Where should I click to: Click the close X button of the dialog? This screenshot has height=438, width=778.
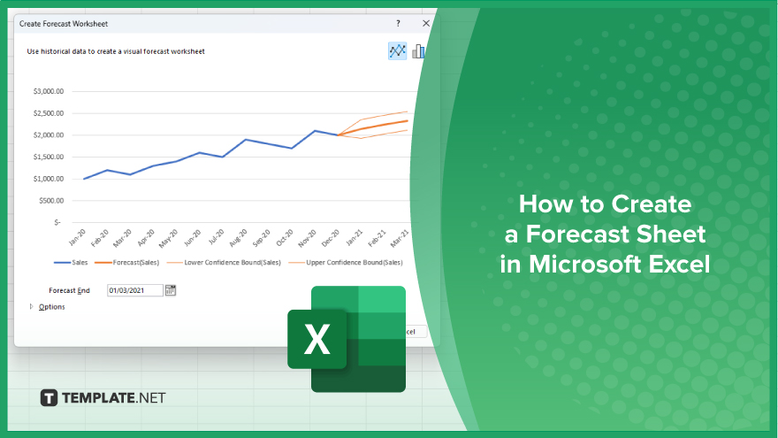pos(426,23)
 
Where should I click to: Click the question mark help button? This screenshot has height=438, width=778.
pos(398,23)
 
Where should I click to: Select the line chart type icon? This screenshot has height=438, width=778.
pos(398,50)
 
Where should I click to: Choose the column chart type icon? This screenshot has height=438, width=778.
pos(418,50)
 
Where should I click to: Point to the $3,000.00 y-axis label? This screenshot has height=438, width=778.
pos(49,91)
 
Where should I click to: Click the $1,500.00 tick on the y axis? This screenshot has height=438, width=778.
pos(49,157)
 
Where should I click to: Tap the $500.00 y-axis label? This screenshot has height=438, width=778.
pos(51,201)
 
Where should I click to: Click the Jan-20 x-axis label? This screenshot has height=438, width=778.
pos(78,238)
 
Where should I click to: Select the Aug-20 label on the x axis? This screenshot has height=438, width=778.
pos(238,238)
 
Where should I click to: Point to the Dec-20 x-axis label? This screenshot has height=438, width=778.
pos(331,238)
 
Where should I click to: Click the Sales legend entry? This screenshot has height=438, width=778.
pos(71,262)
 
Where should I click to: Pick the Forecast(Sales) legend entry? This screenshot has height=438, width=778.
pos(127,262)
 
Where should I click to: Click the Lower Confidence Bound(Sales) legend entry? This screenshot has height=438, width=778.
pos(224,262)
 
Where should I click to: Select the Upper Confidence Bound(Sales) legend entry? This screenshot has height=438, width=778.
pos(346,262)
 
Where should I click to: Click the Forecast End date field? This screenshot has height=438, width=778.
pos(135,290)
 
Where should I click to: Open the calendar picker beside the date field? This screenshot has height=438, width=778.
pos(170,290)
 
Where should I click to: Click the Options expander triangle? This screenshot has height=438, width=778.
pos(31,306)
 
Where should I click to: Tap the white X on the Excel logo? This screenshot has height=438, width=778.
pos(317,339)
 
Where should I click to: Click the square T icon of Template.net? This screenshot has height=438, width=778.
pos(49,398)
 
